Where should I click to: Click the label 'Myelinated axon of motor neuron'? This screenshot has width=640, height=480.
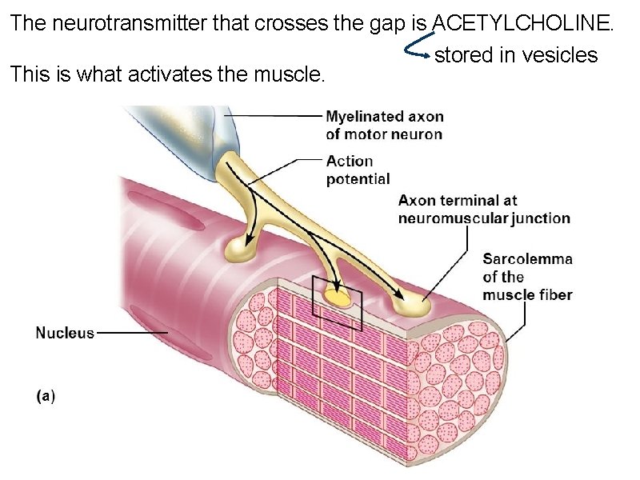(x=384, y=126)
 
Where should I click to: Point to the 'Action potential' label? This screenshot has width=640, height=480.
(x=358, y=170)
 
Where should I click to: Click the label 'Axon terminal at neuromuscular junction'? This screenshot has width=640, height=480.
(x=484, y=209)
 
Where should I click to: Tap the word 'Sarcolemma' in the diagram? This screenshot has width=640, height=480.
(x=527, y=258)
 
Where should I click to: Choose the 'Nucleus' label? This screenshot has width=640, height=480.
(x=65, y=332)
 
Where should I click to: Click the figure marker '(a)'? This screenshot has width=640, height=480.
(x=46, y=394)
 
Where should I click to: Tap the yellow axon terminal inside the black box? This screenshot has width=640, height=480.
(x=340, y=298)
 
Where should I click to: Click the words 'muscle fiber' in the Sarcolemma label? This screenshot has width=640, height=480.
(x=527, y=294)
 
